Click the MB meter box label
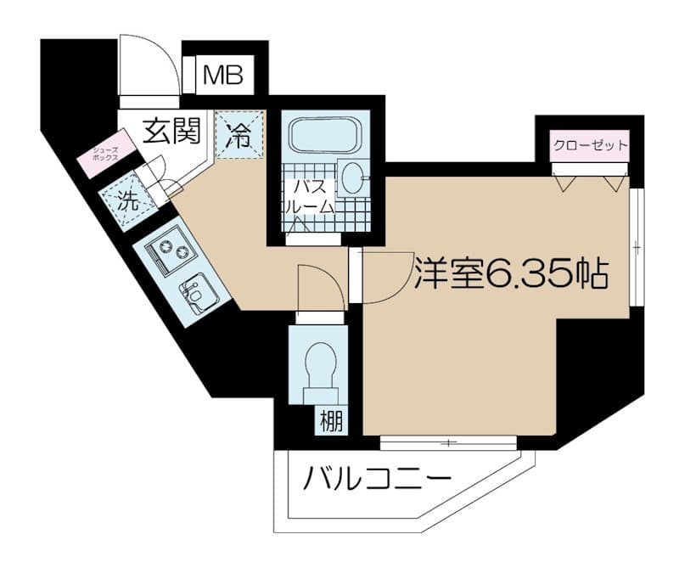223,75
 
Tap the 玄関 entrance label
172,130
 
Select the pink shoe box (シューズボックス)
107,154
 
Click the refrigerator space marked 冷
240,134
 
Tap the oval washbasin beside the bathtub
352,178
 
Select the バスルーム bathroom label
310,198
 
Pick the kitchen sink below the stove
198,294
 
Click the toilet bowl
321,365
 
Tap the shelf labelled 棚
332,420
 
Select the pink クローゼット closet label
591,145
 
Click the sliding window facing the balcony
449,442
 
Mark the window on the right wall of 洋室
637,247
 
